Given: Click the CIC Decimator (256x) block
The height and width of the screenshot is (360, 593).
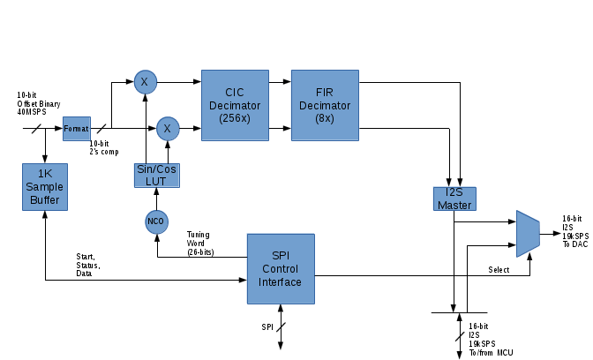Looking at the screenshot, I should pos(235,106).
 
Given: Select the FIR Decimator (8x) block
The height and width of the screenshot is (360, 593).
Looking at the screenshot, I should pos(326,106).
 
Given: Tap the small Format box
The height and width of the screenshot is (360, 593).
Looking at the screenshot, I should pos(77,129).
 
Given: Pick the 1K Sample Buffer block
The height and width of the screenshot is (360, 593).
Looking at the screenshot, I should pos(44,188).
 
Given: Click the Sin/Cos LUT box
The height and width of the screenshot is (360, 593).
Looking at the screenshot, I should pos(156,175).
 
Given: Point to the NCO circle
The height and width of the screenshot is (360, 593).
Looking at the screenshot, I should pos(156,221).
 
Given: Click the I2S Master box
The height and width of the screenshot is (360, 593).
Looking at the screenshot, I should pos(453,199).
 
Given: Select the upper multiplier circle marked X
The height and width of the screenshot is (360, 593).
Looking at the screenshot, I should pos(144,82).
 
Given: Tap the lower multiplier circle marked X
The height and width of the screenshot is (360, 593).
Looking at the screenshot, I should pos(167,129).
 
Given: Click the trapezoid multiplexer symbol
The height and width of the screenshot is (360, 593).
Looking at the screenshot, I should pos(527,234).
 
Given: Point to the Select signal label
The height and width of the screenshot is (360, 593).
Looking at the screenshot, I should pos(499,270).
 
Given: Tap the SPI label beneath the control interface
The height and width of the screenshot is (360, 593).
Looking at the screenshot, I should pos(266,327).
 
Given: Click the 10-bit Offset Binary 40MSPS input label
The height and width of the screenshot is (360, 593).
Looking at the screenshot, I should pos(39,103).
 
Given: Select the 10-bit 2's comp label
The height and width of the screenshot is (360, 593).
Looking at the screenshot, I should pos(99,147).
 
